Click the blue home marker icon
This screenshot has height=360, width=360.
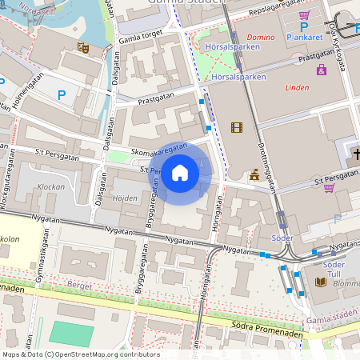(x=180, y=172)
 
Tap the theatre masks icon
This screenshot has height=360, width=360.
(x=82, y=48)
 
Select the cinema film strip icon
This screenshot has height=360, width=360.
(x=236, y=127)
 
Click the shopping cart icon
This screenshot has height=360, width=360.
(x=304, y=15)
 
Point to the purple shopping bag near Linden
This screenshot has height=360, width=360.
(x=322, y=70)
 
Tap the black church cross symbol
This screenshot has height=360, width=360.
(x=356, y=153)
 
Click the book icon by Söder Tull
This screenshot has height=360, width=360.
(x=320, y=282)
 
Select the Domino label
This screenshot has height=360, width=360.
(x=260, y=38)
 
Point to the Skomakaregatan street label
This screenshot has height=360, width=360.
(x=160, y=150)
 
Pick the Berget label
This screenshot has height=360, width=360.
(x=79, y=284)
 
